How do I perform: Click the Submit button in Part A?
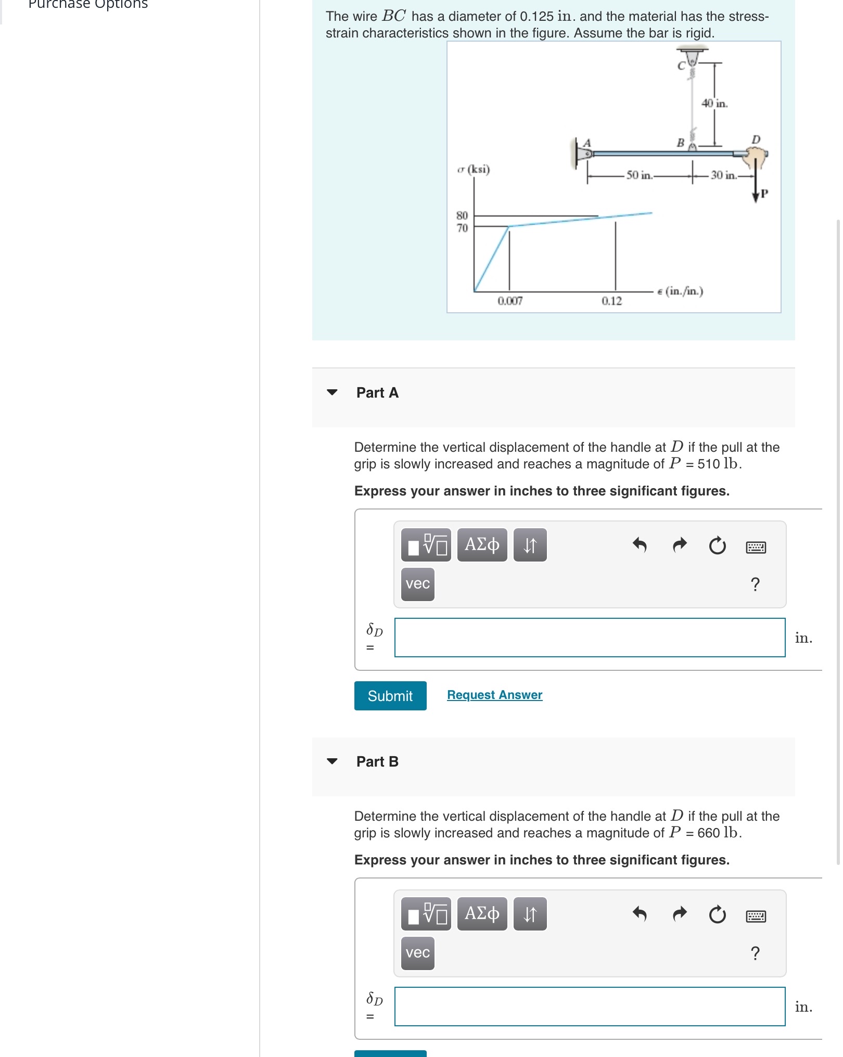pyautogui.click(x=390, y=695)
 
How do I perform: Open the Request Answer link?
pyautogui.click(x=494, y=695)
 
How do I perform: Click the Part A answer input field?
pyautogui.click(x=589, y=637)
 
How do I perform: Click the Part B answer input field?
pyautogui.click(x=589, y=1006)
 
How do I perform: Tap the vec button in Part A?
pyautogui.click(x=417, y=584)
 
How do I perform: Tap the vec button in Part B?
pyautogui.click(x=417, y=953)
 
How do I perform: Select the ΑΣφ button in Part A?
pyautogui.click(x=481, y=545)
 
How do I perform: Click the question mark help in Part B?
pyautogui.click(x=755, y=953)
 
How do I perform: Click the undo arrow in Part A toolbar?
pyautogui.click(x=639, y=545)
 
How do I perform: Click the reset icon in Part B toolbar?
pyautogui.click(x=717, y=914)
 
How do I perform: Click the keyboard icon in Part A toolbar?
pyautogui.click(x=756, y=547)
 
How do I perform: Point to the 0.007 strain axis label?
pyautogui.click(x=510, y=301)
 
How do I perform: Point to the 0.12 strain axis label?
pyautogui.click(x=611, y=301)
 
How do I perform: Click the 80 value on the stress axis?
pyautogui.click(x=462, y=215)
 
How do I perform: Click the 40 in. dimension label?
pyautogui.click(x=714, y=103)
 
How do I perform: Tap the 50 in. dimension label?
pyautogui.click(x=640, y=175)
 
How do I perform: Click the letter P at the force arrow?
pyautogui.click(x=764, y=194)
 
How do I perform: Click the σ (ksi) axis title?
pyautogui.click(x=474, y=169)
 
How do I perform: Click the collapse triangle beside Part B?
pyautogui.click(x=332, y=761)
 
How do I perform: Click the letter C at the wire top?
pyautogui.click(x=681, y=66)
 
